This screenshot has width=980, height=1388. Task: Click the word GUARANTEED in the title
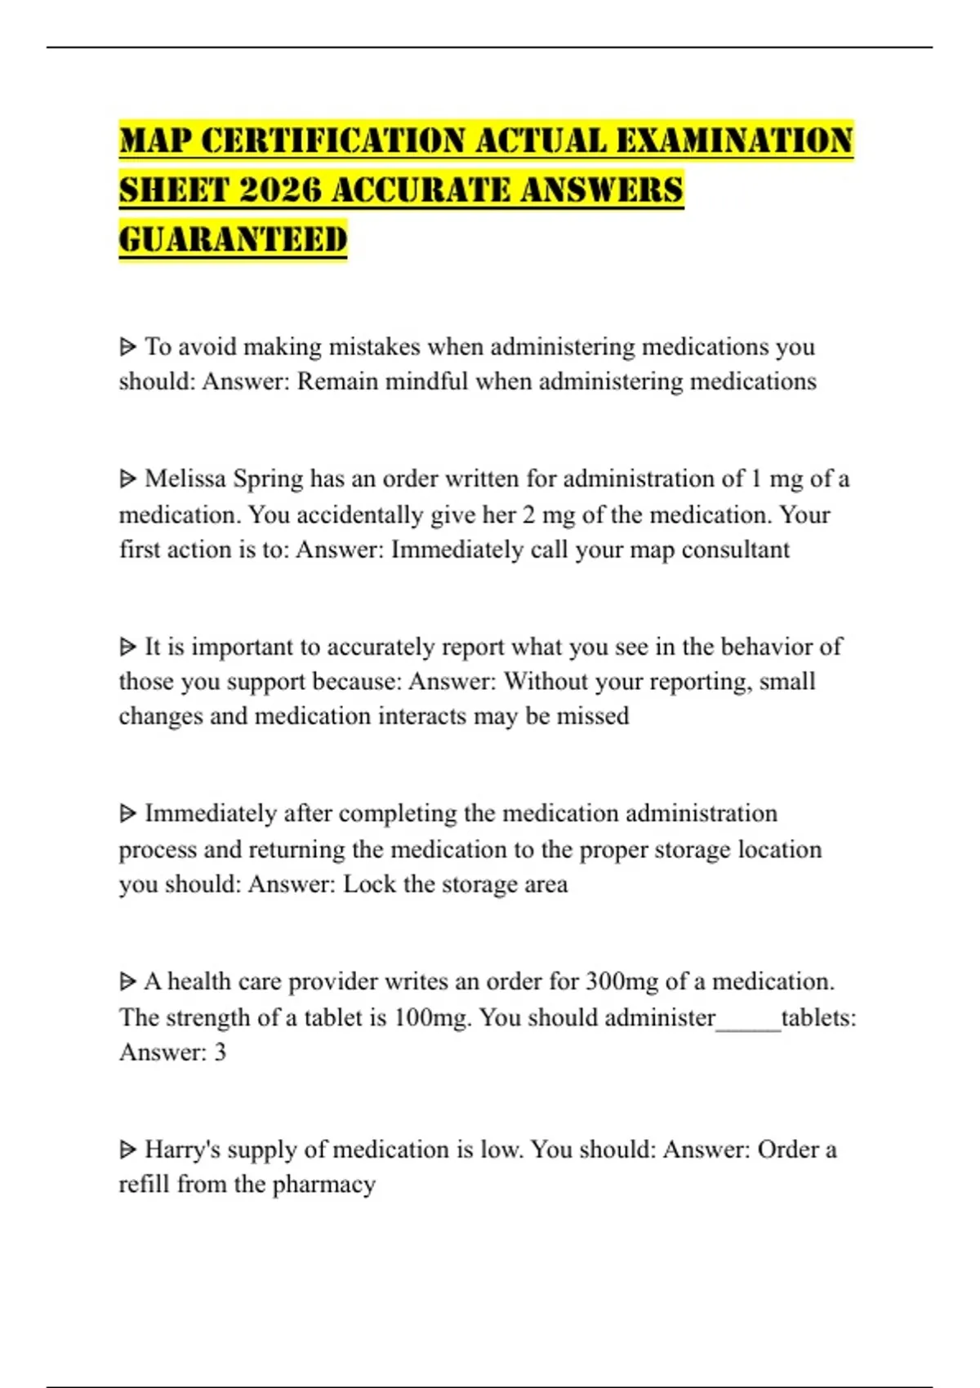click(x=233, y=240)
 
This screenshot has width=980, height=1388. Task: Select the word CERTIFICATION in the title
click(x=333, y=140)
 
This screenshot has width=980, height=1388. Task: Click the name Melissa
click(x=185, y=478)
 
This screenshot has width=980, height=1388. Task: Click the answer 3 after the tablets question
click(x=220, y=1052)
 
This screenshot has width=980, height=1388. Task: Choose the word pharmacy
click(x=323, y=1185)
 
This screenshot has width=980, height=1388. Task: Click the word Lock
click(x=368, y=884)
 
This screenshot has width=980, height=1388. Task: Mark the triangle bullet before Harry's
click(x=127, y=1150)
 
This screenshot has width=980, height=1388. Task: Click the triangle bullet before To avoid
click(x=127, y=347)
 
